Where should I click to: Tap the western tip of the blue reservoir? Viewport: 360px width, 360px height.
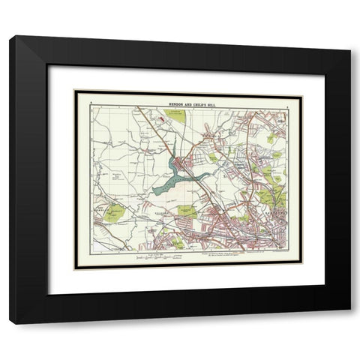click(154, 191)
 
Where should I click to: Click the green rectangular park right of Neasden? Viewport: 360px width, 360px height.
click(188, 212)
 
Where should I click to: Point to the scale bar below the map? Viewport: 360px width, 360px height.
click(157, 256)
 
